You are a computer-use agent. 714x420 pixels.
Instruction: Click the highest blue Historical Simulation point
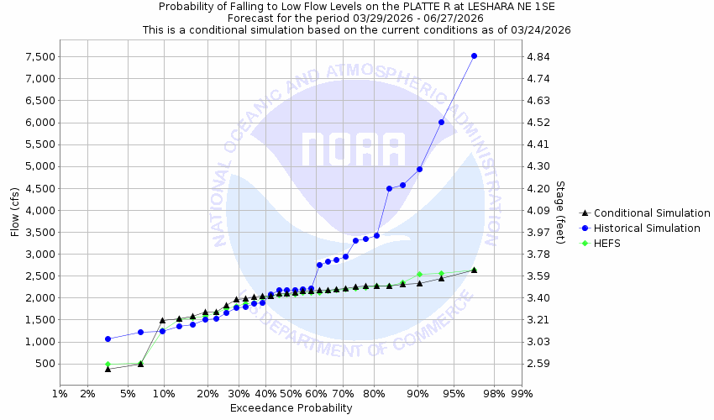(474, 56)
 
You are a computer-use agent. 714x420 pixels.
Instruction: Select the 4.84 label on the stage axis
(538, 57)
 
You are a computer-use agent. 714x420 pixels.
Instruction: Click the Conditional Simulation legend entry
(651, 213)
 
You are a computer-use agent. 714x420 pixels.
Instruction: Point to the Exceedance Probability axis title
(291, 409)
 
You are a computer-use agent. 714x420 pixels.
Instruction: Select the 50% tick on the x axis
(291, 393)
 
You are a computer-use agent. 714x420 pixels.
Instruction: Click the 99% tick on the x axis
(522, 393)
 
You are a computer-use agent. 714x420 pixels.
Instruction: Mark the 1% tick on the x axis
(60, 393)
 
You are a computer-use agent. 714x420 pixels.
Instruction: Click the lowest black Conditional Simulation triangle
(108, 368)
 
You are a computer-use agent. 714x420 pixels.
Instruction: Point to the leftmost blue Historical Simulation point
(108, 339)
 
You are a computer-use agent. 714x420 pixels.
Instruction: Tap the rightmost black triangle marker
(474, 270)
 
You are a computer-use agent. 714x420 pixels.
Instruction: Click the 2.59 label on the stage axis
(538, 364)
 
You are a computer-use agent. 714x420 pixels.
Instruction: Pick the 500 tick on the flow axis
(45, 364)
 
